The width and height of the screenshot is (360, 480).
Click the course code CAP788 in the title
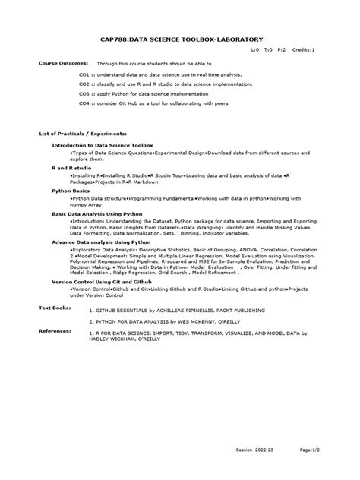[x=114, y=37]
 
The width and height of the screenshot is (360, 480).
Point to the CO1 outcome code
[x=84, y=76]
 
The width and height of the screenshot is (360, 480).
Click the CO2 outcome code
[x=84, y=84]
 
